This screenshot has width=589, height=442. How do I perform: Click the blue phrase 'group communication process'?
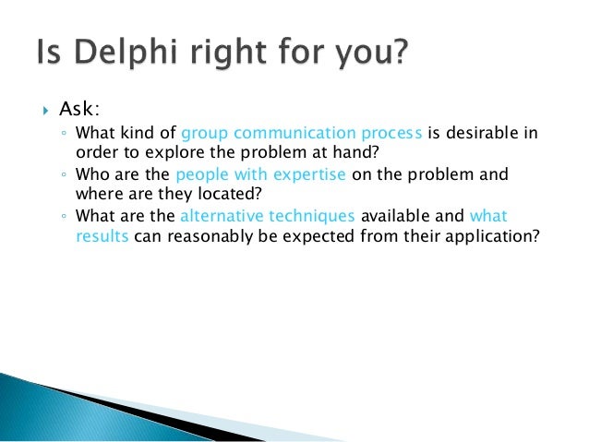302,133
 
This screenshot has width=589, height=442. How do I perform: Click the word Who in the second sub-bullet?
90,174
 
